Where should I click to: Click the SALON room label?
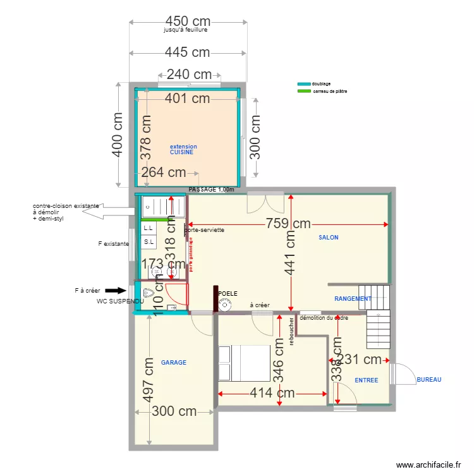329,238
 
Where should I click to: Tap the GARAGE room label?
174,363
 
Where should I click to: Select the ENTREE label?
367,380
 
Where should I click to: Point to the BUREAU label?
428,380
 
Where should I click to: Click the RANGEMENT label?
353,298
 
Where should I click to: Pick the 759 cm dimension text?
288,223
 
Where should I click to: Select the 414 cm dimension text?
272,392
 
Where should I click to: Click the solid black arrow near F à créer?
116,290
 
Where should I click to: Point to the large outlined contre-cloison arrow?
106,210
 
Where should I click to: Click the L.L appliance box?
149,228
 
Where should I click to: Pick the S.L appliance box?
149,242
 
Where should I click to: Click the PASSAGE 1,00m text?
211,190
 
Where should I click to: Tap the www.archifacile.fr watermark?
428,465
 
